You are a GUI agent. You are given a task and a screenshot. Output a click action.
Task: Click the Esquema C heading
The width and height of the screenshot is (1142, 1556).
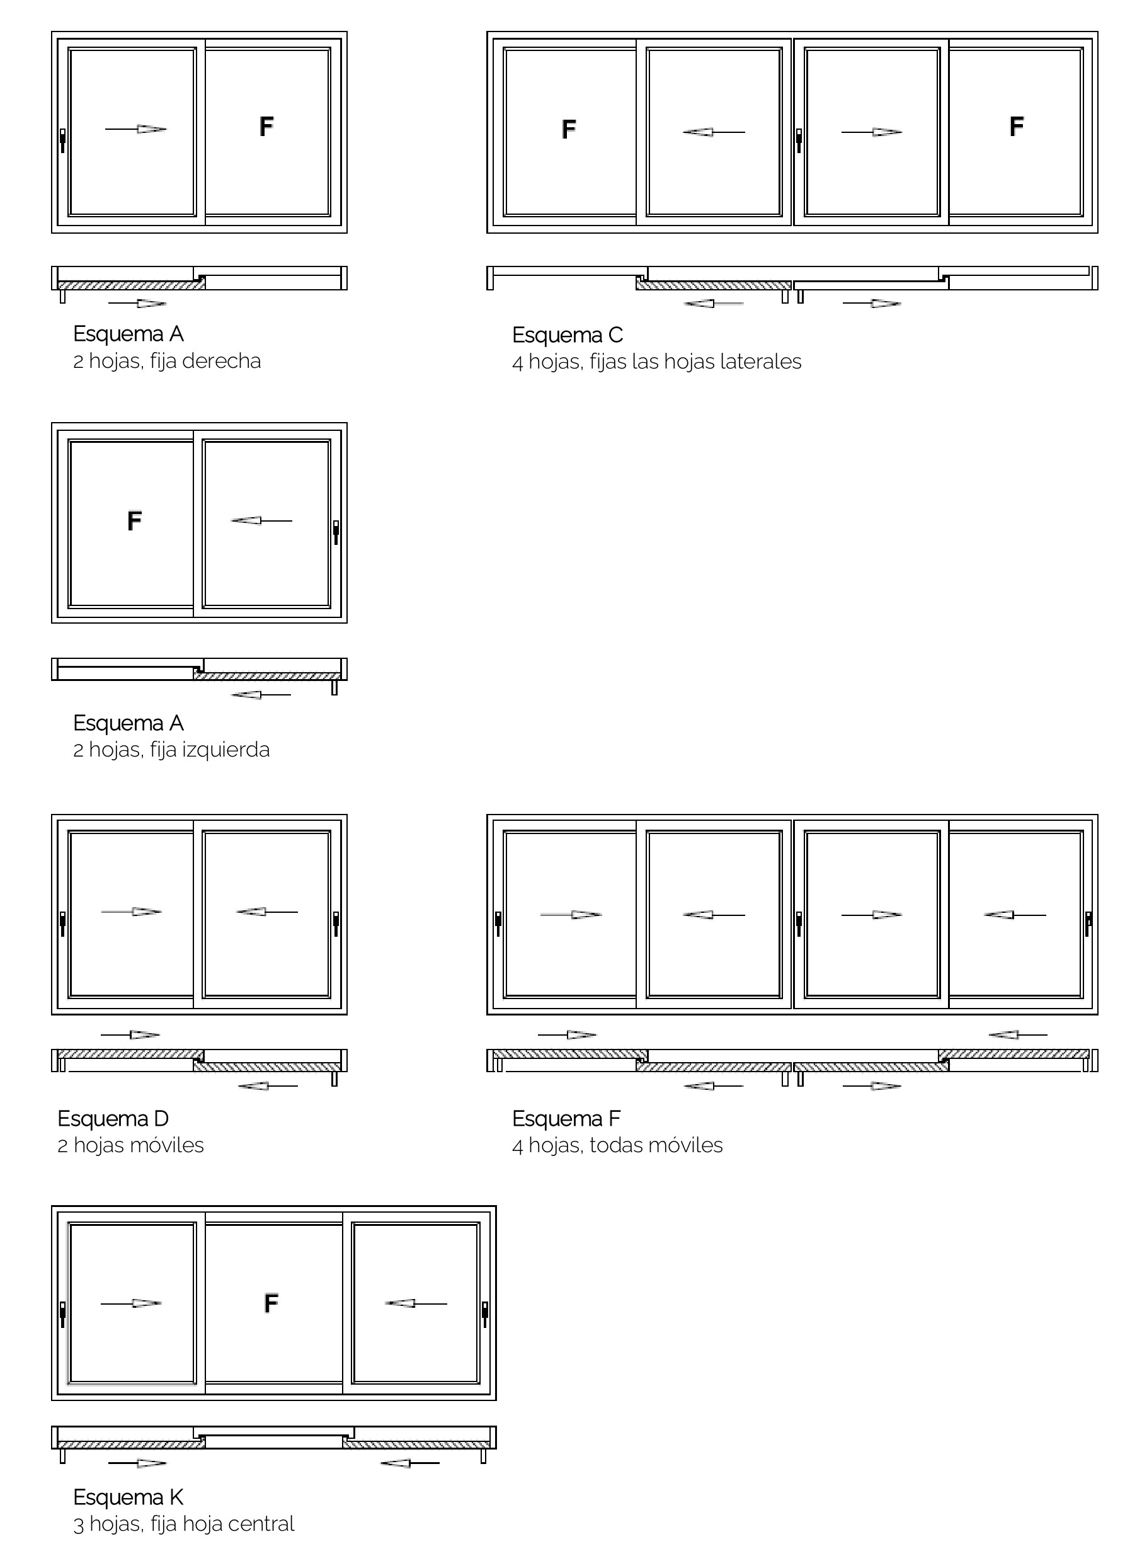(x=568, y=335)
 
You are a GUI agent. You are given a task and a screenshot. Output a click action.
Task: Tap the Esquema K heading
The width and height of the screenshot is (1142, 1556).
(x=128, y=1497)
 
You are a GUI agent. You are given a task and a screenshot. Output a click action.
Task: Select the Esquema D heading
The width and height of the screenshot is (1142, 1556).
(x=113, y=1118)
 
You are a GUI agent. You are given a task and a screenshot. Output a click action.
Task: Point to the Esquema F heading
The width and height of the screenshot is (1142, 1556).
(x=567, y=1118)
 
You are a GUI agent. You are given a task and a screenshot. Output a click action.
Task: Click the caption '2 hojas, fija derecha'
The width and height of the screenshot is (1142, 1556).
(x=168, y=362)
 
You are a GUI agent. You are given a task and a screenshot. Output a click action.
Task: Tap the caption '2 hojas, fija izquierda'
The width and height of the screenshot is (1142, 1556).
(x=171, y=750)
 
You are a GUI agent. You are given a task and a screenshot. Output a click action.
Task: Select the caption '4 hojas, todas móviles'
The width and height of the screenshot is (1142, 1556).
(x=617, y=1145)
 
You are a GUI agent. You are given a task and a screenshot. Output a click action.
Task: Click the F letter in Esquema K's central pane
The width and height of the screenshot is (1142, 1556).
(x=271, y=1303)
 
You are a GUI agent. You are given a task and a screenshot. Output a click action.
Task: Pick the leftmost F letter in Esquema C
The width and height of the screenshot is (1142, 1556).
(x=568, y=129)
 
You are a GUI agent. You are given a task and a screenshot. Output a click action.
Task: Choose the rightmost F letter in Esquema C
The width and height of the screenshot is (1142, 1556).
(x=1016, y=127)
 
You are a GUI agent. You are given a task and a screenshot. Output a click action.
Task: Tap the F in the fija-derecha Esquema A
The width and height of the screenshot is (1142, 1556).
(x=266, y=127)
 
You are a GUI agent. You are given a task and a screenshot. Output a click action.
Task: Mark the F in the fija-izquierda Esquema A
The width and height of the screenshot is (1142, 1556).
(x=134, y=520)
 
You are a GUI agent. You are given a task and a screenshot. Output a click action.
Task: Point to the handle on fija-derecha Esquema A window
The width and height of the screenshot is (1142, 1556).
(x=63, y=140)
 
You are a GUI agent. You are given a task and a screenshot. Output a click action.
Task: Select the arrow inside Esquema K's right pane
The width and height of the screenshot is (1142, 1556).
(x=416, y=1303)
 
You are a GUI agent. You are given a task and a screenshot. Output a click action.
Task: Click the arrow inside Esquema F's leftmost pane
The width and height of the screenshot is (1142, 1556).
(x=571, y=915)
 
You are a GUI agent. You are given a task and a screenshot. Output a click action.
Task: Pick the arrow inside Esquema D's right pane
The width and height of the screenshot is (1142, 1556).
(x=268, y=912)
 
